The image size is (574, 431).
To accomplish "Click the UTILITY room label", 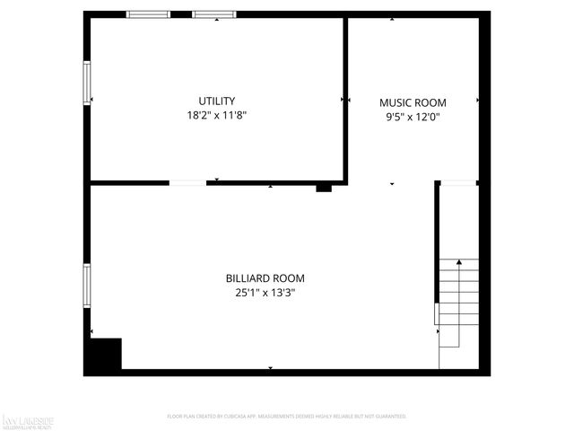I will (217, 101).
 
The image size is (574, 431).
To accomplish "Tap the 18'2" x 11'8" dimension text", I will (217, 115).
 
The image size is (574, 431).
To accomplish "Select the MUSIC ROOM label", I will (413, 102).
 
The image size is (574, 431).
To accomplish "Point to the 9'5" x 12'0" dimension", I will (413, 116).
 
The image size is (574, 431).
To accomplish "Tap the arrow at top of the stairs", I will (459, 262).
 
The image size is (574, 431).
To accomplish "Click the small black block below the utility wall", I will (324, 189).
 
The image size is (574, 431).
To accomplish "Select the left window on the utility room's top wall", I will (148, 14).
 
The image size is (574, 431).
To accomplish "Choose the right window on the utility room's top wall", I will (215, 14).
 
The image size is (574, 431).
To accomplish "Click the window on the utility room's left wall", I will (87, 81).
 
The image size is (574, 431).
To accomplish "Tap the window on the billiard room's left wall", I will (87, 286).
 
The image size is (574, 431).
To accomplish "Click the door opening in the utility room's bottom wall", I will (187, 182).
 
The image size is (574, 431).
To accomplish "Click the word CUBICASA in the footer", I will (244, 417).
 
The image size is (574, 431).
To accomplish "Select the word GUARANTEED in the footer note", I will (387, 417).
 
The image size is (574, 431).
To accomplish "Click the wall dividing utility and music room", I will (345, 99).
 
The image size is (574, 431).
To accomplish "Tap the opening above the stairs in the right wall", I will (457, 183).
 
